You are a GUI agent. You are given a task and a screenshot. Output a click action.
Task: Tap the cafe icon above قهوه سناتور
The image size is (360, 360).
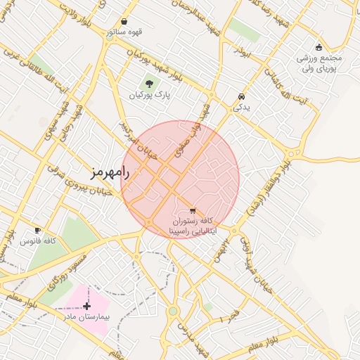click(x=124, y=21)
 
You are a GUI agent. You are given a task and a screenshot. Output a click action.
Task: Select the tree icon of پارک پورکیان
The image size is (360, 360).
click(x=148, y=83)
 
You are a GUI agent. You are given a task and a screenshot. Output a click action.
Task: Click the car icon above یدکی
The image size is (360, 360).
click(x=241, y=96)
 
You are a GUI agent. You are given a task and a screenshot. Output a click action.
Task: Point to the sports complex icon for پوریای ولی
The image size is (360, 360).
click(x=319, y=47)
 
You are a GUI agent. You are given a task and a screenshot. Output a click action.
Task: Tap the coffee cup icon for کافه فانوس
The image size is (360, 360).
click(x=37, y=230)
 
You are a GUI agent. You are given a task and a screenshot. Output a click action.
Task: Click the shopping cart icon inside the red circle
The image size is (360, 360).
click(x=193, y=211)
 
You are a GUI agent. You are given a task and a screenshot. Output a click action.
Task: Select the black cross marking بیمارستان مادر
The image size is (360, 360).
click(x=86, y=306)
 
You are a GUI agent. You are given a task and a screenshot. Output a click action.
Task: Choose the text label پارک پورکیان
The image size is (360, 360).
click(x=148, y=94)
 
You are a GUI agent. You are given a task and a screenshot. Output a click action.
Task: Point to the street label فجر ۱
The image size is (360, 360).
click(x=230, y=315)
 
